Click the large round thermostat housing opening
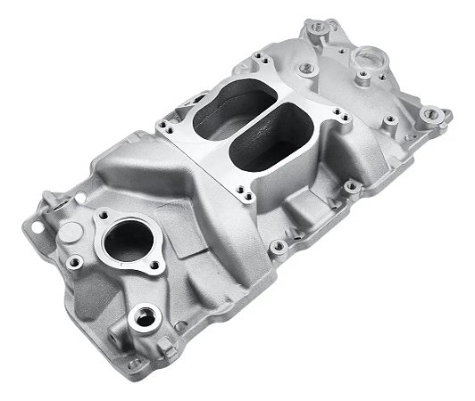(129, 240)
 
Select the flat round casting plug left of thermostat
(69, 233)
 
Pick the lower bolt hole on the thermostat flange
(154, 265)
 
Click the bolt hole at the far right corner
(431, 114)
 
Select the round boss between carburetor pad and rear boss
(307, 68)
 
